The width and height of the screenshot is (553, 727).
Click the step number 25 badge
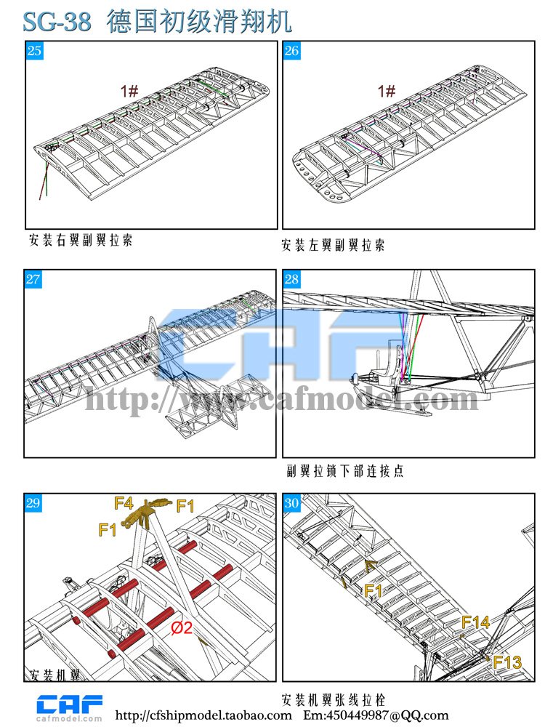pyautogui.click(x=34, y=51)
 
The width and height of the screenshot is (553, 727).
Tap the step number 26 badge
pyautogui.click(x=291, y=51)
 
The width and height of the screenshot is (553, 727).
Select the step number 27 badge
pyautogui.click(x=33, y=279)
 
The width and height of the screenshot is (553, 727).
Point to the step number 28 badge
pyautogui.click(x=291, y=279)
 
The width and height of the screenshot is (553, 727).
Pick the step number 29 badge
pyautogui.click(x=33, y=503)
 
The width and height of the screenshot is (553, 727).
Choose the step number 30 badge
pyautogui.click(x=291, y=503)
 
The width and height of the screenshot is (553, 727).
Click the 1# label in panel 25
pyautogui.click(x=130, y=91)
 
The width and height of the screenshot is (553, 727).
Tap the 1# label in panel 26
pyautogui.click(x=387, y=91)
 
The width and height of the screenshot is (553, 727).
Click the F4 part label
pyautogui.click(x=124, y=503)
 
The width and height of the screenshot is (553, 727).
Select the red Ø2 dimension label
pyautogui.click(x=181, y=628)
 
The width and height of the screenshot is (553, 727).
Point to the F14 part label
pyautogui.click(x=475, y=622)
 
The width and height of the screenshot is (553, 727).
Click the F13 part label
pyautogui.click(x=507, y=662)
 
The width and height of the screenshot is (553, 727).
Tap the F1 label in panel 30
pyautogui.click(x=373, y=591)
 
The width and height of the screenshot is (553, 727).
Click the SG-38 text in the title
pyautogui.click(x=57, y=22)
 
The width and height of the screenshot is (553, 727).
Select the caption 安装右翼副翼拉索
pyautogui.click(x=81, y=240)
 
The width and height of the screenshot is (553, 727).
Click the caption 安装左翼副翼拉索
pyautogui.click(x=334, y=245)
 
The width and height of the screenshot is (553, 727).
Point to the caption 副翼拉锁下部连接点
pyautogui.click(x=345, y=471)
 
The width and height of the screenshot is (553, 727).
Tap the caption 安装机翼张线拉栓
pyautogui.click(x=334, y=699)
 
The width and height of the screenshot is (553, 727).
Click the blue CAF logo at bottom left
pyautogui.click(x=70, y=704)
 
